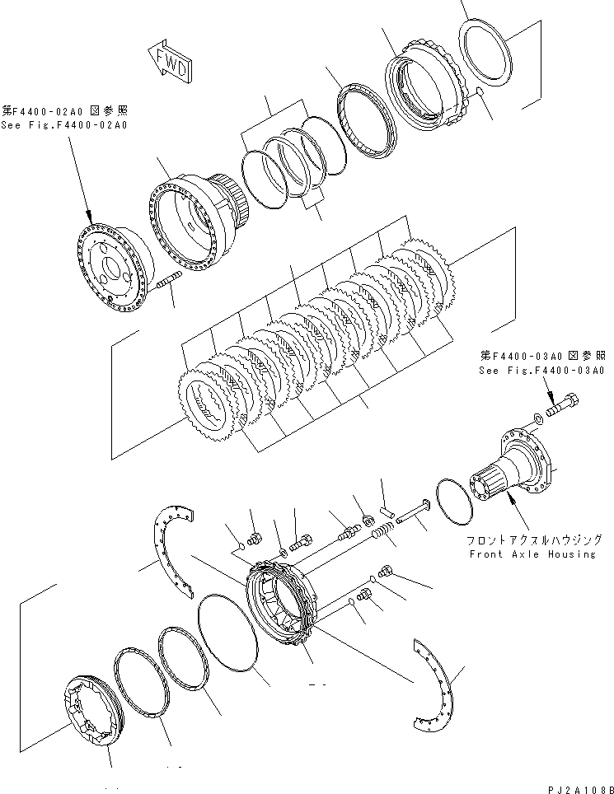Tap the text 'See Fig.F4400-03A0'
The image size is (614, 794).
click(x=541, y=371)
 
